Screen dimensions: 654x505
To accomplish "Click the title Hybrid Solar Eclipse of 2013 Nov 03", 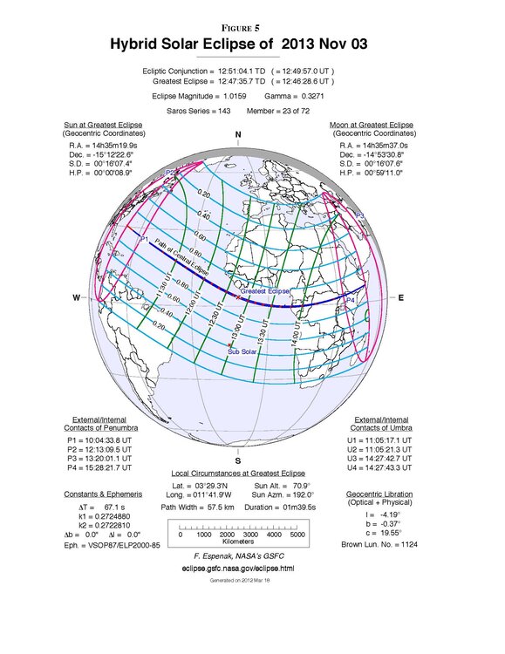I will pyautogui.click(x=251, y=44).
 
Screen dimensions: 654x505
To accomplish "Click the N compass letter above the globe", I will pyautogui.click(x=238, y=134).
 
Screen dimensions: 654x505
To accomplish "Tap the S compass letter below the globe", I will pyautogui.click(x=238, y=460).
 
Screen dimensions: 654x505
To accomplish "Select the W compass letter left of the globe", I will pyautogui.click(x=76, y=298).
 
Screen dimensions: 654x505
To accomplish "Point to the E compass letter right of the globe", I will pyautogui.click(x=401, y=298).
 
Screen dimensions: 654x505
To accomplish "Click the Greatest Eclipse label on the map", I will pyautogui.click(x=266, y=290).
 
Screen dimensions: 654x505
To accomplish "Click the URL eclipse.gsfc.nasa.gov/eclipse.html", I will pyautogui.click(x=238, y=567).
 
